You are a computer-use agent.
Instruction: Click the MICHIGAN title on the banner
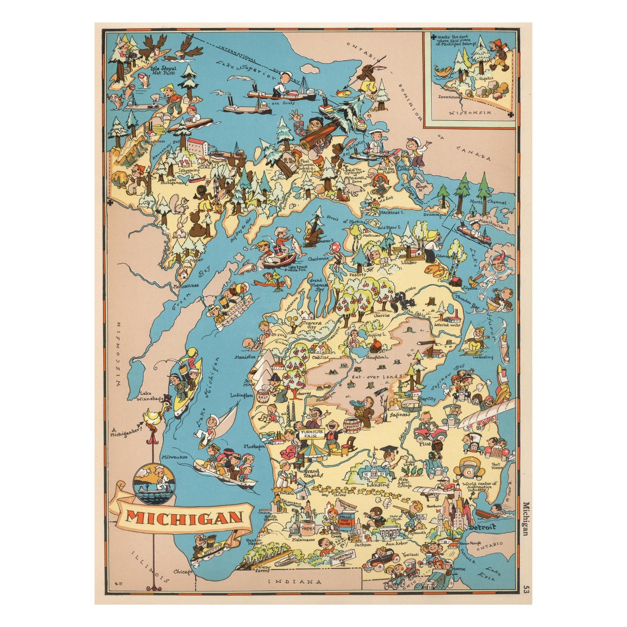coord(184,517)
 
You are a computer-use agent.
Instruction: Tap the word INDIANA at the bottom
coord(295,582)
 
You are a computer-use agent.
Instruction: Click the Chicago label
coord(182,572)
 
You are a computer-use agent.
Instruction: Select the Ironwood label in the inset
coord(449,97)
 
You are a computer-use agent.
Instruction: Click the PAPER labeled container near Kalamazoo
coord(308,529)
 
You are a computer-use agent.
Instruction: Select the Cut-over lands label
coord(371,377)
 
